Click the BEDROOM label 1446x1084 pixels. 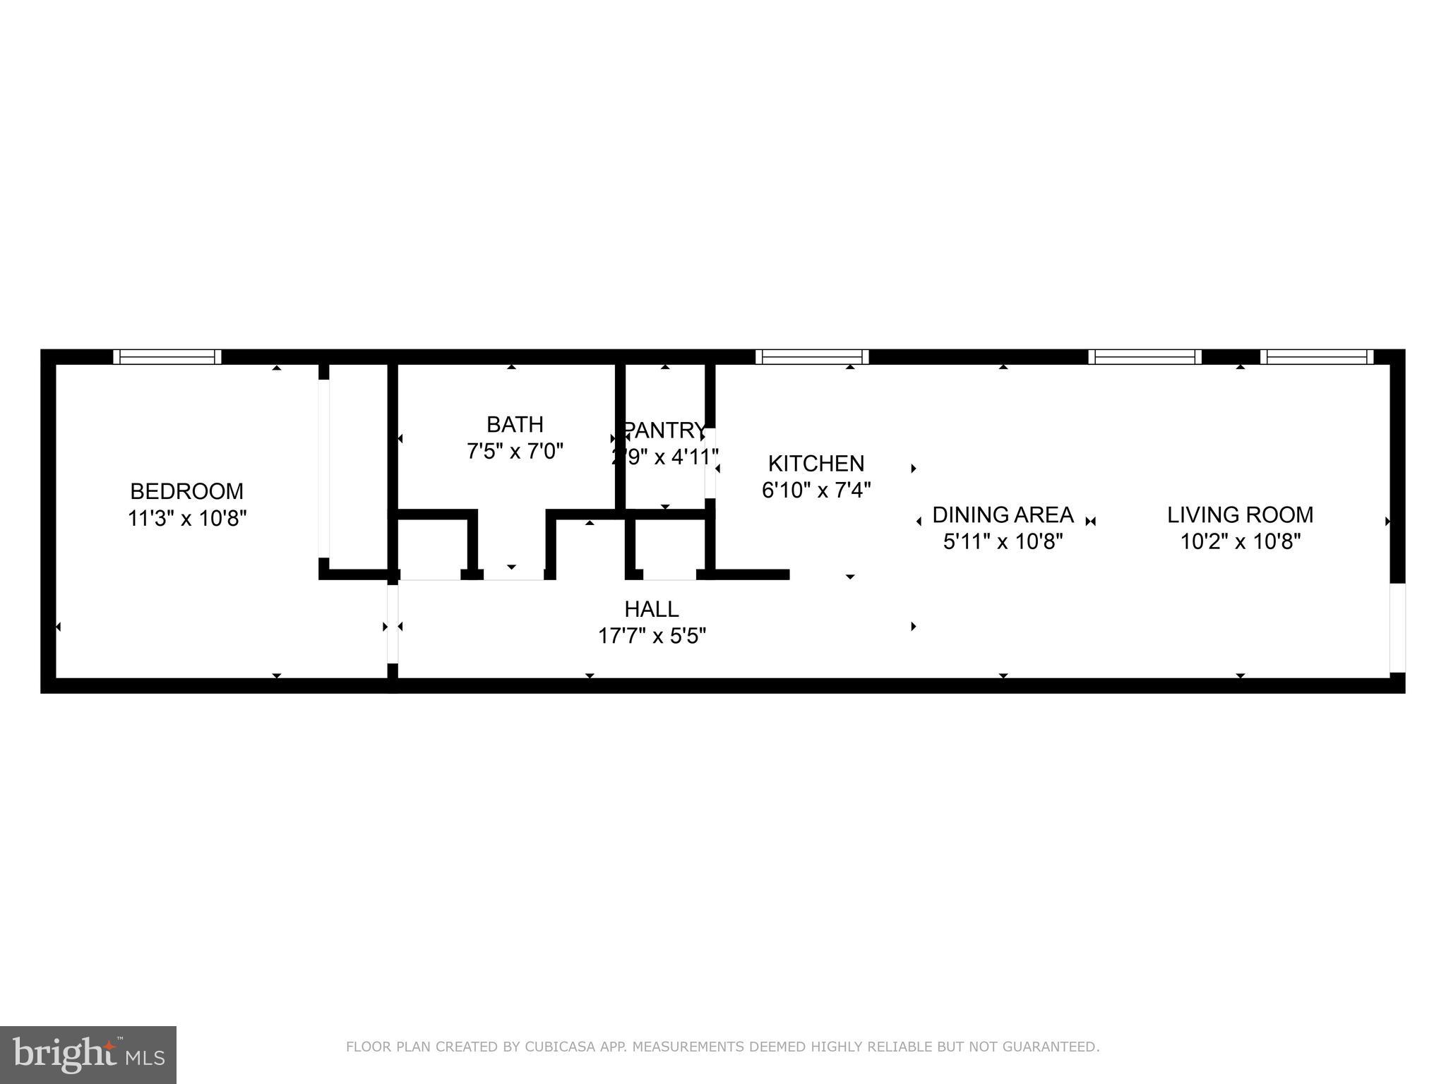pyautogui.click(x=186, y=491)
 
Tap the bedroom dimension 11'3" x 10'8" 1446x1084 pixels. pyautogui.click(x=186, y=519)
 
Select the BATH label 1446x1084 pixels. pyautogui.click(x=515, y=424)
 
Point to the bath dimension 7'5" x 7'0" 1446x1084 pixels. pyautogui.click(x=515, y=451)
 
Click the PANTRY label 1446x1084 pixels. pyautogui.click(x=664, y=430)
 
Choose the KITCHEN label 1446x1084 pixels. pyautogui.click(x=815, y=464)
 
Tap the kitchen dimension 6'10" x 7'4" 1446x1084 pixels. pyautogui.click(x=815, y=490)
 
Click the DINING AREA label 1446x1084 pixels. pyautogui.click(x=1003, y=514)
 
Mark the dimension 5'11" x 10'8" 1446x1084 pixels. pyautogui.click(x=1003, y=541)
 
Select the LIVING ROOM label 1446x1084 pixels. pyautogui.click(x=1240, y=514)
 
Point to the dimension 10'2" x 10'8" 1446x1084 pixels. pyautogui.click(x=1240, y=541)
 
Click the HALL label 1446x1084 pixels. pyautogui.click(x=651, y=609)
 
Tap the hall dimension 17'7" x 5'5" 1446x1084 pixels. pyautogui.click(x=651, y=636)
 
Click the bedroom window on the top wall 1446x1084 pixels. pyautogui.click(x=167, y=357)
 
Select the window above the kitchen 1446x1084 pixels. pyautogui.click(x=812, y=357)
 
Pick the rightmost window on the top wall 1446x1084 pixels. pyautogui.click(x=1317, y=357)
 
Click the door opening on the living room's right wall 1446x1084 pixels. pyautogui.click(x=1397, y=627)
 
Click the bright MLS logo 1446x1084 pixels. pyautogui.click(x=88, y=1055)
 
